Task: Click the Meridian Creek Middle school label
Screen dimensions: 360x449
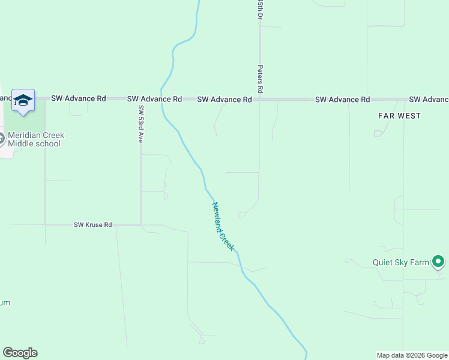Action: click(x=36, y=139)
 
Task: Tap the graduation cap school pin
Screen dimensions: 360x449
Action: click(x=23, y=100)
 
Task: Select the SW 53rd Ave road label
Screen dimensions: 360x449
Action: click(x=141, y=124)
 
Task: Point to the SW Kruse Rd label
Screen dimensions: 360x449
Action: click(x=93, y=225)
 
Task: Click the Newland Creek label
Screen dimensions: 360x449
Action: click(x=223, y=226)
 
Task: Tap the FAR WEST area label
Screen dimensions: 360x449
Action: click(x=399, y=115)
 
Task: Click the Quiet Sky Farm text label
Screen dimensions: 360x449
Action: click(x=400, y=262)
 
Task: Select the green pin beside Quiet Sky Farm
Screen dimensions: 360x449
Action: click(x=439, y=262)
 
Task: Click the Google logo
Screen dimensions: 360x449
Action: click(x=20, y=353)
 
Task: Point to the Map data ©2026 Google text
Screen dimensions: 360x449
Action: click(x=411, y=355)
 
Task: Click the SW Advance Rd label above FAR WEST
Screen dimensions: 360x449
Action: click(x=342, y=99)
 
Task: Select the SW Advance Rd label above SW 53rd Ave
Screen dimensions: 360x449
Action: click(x=154, y=98)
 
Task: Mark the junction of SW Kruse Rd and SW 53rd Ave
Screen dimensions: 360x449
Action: click(x=141, y=225)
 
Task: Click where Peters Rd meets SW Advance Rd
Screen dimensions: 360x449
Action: click(x=259, y=99)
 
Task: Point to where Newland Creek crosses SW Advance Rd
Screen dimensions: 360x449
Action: click(x=161, y=99)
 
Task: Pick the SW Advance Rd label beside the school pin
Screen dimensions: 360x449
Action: click(x=79, y=98)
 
